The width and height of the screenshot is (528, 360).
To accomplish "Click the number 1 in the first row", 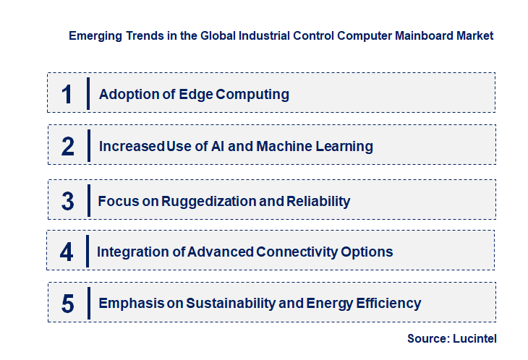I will point(67,94).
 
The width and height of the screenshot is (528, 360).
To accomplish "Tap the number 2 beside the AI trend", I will point(68,147).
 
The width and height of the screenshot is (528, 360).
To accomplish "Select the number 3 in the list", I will point(67,201).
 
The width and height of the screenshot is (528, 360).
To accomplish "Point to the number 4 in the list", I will point(67,252).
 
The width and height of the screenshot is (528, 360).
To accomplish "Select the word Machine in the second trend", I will point(284,147).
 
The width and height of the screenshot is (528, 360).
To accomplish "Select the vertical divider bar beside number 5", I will point(88,301).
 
